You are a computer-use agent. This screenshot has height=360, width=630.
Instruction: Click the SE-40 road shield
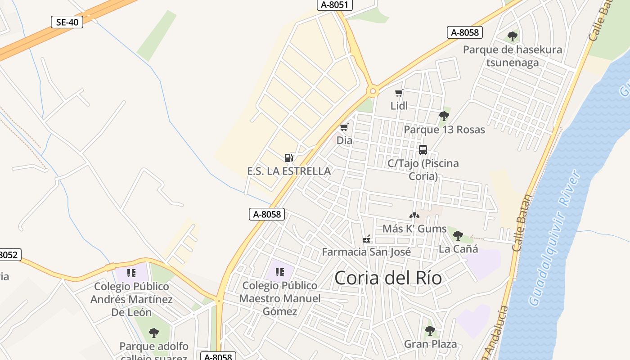coord(67,22)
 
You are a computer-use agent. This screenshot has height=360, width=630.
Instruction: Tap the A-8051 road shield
coord(334,4)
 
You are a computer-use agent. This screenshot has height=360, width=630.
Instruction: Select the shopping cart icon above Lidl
coord(399,93)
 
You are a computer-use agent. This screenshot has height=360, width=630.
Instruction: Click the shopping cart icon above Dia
coord(344,127)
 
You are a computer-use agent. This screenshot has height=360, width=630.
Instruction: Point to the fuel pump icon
coord(289,157)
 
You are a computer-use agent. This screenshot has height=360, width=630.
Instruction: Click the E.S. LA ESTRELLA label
coord(289,171)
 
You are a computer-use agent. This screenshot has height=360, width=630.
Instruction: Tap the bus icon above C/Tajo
coord(423,150)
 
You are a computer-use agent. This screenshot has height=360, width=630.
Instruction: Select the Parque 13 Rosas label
coord(444,130)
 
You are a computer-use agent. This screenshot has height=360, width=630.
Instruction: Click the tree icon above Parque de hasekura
coord(512,36)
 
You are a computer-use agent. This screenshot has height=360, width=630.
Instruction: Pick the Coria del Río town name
coord(388,278)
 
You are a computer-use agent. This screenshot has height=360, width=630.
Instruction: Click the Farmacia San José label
coord(366,252)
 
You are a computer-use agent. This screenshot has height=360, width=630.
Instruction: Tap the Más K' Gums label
coord(414,229)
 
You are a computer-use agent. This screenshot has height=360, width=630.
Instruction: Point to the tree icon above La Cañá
coord(458,235)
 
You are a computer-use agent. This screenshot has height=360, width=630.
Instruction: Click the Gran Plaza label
coord(430,344)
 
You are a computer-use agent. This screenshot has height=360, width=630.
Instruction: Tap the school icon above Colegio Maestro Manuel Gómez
coord(280,272)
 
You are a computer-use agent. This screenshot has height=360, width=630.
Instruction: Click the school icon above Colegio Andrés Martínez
coord(131,273)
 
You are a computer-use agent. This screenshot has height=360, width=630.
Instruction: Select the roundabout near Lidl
coord(373,91)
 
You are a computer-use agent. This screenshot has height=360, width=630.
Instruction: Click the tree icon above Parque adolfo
coord(154,333)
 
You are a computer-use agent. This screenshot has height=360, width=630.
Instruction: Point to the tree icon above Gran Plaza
coord(430,331)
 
